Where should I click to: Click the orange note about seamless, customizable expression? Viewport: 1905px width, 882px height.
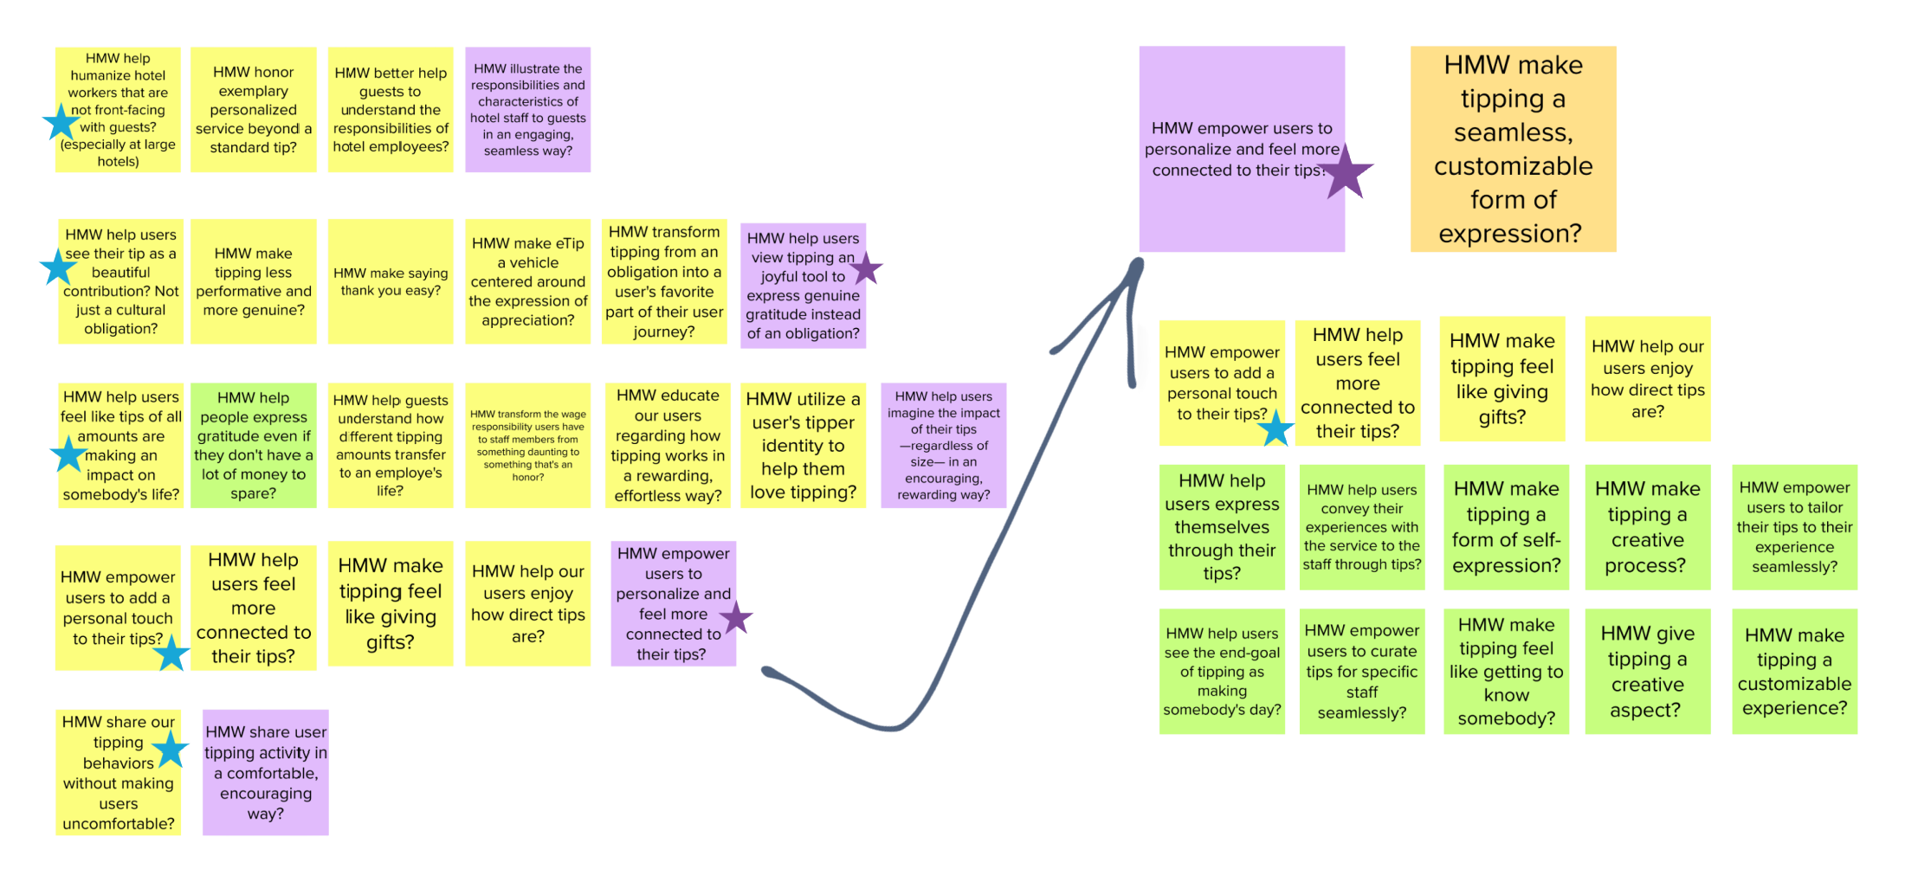coord(1513,149)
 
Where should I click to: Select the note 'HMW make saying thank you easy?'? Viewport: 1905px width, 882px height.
coord(391,281)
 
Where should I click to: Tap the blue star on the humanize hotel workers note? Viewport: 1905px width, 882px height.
coord(61,122)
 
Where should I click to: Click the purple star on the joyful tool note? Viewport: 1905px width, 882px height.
coord(866,268)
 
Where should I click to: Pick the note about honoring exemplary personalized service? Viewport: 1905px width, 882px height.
coord(253,110)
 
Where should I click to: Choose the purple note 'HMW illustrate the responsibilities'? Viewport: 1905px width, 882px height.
coord(528,109)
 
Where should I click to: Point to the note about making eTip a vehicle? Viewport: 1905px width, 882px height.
coord(528,281)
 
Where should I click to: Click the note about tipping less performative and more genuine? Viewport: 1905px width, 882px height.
coord(253,281)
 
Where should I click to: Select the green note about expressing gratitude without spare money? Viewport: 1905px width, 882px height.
coord(253,445)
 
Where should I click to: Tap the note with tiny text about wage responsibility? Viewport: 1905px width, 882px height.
coord(528,445)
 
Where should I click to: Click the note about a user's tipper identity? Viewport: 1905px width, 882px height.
coord(803,445)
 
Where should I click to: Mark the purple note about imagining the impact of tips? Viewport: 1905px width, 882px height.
coord(943,445)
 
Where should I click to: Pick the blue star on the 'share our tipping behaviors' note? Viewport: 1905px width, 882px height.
coord(171,749)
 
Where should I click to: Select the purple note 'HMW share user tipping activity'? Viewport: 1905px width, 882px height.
coord(266,772)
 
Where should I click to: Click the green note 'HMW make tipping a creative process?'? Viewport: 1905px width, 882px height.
coord(1647,527)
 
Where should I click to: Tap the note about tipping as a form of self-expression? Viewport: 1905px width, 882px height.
coord(1506,527)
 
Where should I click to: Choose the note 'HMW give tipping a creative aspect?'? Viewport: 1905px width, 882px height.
coord(1647,672)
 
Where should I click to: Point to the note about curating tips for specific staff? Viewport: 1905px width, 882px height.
coord(1361,672)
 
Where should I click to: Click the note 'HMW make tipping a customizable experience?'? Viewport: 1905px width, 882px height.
coord(1794,672)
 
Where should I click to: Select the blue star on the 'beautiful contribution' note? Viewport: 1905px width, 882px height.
coord(58,267)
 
